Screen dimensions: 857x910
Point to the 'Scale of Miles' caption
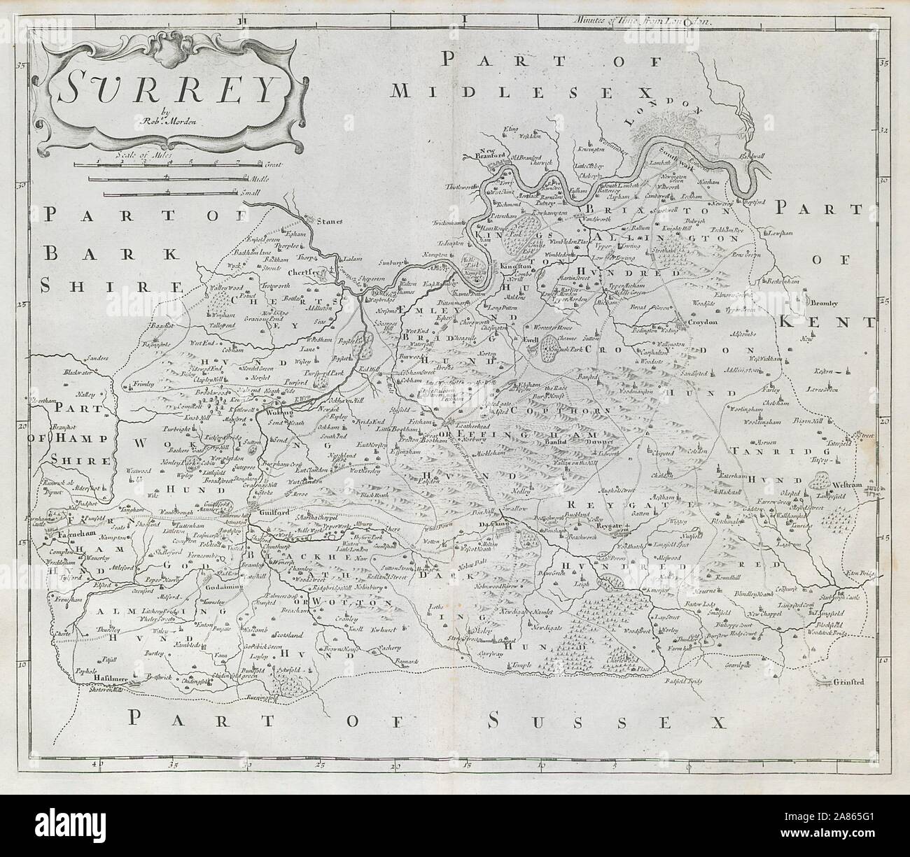click(x=158, y=146)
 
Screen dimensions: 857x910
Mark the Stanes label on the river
click(x=325, y=222)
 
